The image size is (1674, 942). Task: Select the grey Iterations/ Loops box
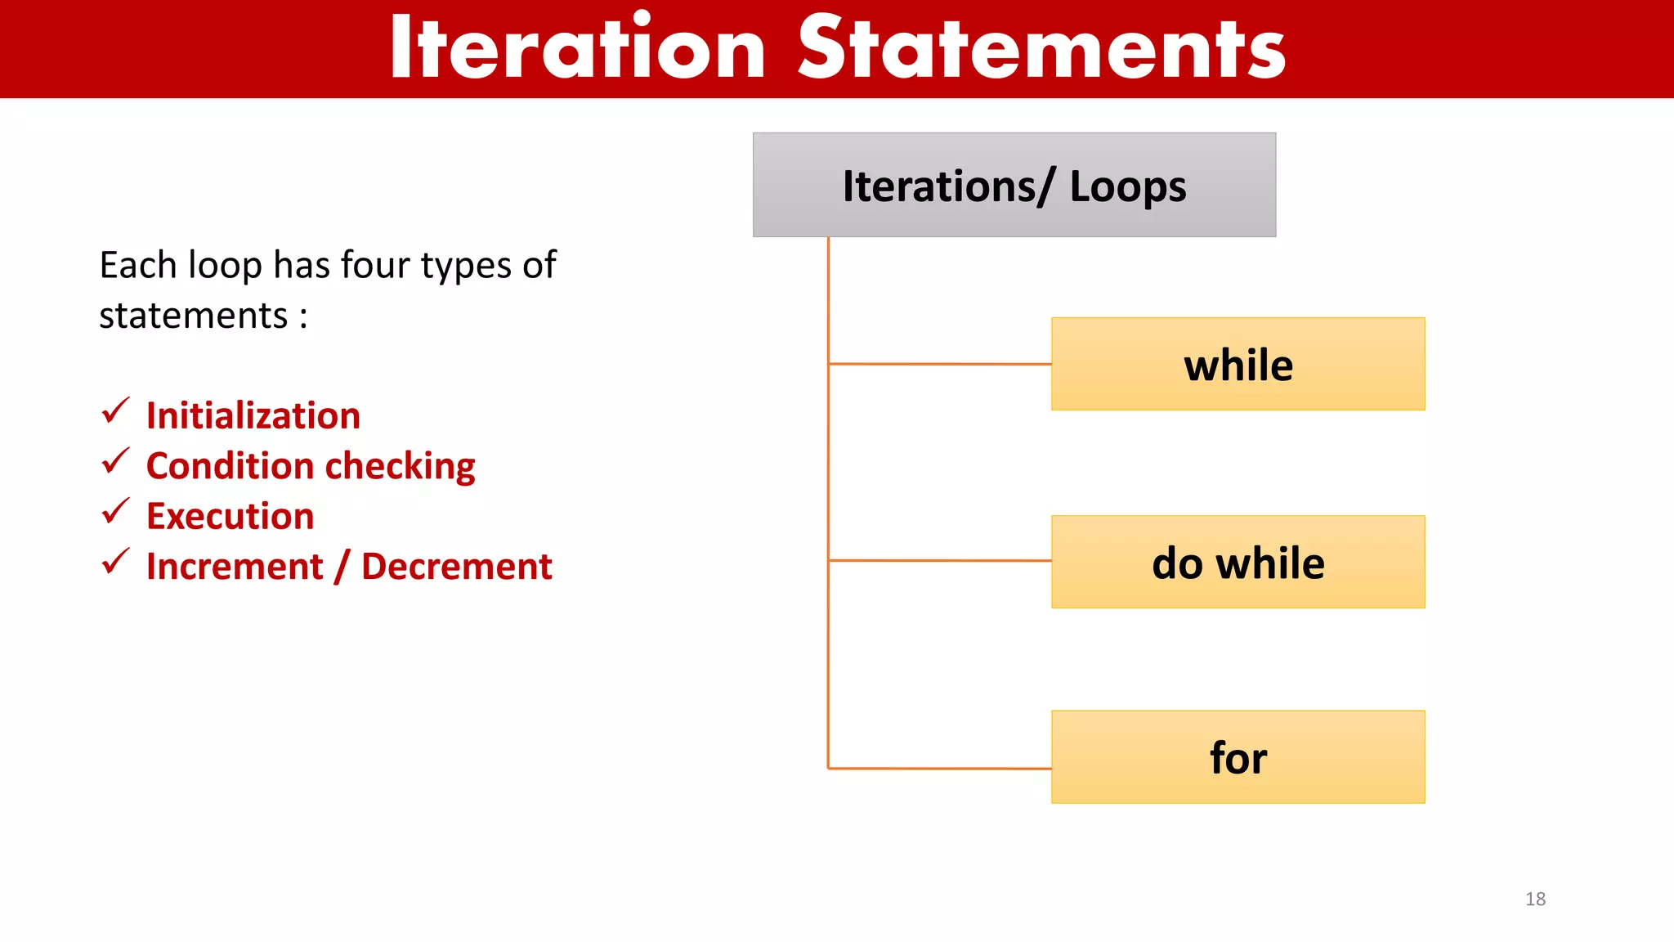[1014, 186]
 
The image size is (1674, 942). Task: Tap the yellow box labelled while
[1238, 365]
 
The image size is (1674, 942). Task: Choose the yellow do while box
[1238, 563]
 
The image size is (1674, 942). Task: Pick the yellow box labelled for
[1238, 758]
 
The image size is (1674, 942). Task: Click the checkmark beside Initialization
[115, 411]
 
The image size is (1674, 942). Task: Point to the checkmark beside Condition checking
[115, 461]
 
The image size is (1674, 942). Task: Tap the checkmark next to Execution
[115, 512]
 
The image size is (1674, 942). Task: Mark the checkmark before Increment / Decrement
[115, 562]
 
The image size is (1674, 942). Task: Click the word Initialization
[253, 416]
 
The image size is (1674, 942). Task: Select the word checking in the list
[401, 467]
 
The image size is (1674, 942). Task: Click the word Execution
[231, 517]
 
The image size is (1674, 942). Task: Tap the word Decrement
[456, 567]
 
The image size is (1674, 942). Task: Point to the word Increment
[235, 567]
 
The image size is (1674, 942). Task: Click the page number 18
[1535, 899]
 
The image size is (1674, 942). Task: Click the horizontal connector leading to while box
[940, 364]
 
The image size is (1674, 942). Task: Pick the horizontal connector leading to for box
[940, 768]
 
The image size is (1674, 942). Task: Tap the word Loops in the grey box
[1127, 187]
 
